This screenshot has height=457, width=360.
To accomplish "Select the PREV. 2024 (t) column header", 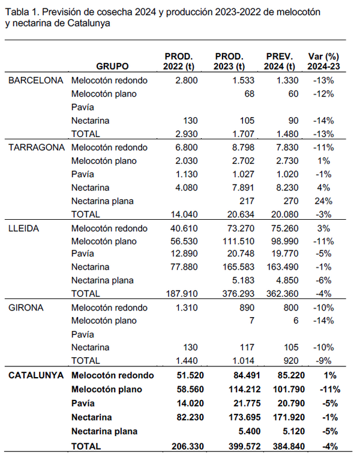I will click(280, 61).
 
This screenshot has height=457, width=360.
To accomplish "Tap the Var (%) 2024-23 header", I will click(323, 61).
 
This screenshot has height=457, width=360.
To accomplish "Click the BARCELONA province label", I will click(35, 80).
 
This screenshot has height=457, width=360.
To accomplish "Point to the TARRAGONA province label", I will click(36, 147).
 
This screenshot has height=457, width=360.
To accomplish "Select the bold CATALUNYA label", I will click(36, 375).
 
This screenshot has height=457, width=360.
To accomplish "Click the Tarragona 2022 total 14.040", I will click(184, 214).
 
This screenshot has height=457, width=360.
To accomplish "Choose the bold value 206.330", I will click(182, 446).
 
